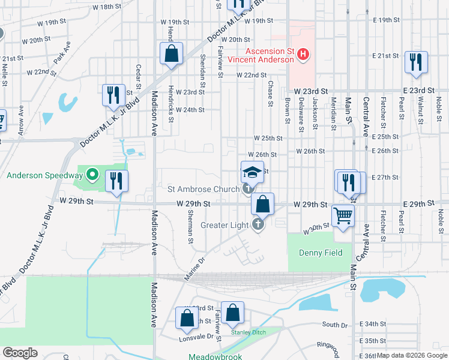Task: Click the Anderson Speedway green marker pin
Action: [x=92, y=175]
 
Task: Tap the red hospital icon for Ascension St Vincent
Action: [x=303, y=55]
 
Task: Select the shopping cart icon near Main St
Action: [x=343, y=215]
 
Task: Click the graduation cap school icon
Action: [x=253, y=173]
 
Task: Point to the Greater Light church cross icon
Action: [x=258, y=225]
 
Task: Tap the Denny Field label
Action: [x=321, y=253]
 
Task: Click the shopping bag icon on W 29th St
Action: [x=262, y=204]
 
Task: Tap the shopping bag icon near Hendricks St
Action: [x=172, y=53]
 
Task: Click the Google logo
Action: [x=20, y=353]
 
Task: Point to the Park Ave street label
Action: [x=62, y=53]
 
